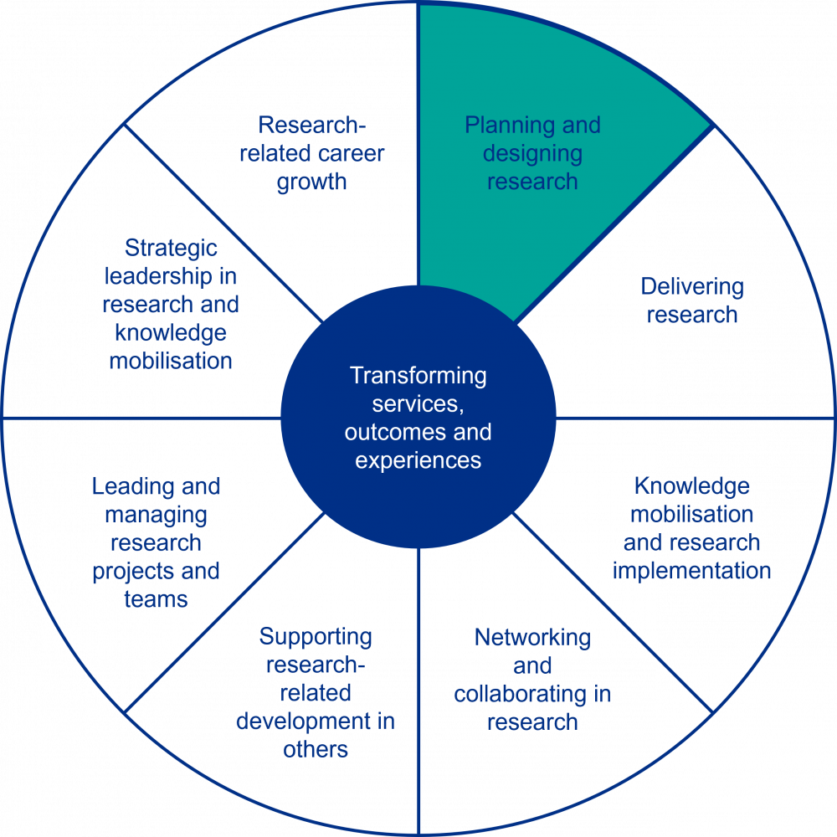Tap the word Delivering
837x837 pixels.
point(691,287)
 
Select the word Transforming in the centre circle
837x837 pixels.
point(418,376)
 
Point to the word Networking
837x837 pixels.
point(532,638)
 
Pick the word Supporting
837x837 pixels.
point(316,637)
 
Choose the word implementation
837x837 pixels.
point(691,571)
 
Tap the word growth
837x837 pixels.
point(311,182)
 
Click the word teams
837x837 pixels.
point(156,599)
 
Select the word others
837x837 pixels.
point(316,749)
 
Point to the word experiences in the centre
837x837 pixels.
point(418,460)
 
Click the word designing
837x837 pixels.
point(532,154)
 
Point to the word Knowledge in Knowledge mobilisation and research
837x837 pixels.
point(691,486)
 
